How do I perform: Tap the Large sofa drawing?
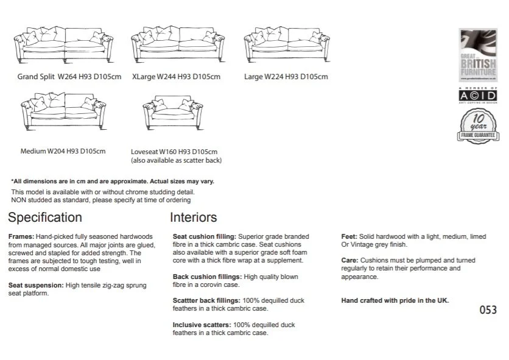coord(287,44)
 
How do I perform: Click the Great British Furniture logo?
coord(478,55)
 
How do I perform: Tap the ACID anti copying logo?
coord(478,96)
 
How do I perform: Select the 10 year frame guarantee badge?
coord(478,125)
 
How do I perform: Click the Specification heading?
coord(45,217)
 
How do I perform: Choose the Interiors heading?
coord(193,217)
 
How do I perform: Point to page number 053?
coord(488,310)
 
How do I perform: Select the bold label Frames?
coord(21,236)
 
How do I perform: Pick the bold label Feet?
coord(349,236)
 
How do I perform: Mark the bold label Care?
coord(350,261)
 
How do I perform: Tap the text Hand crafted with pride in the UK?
coord(395,300)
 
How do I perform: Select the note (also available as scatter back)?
coord(176,160)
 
